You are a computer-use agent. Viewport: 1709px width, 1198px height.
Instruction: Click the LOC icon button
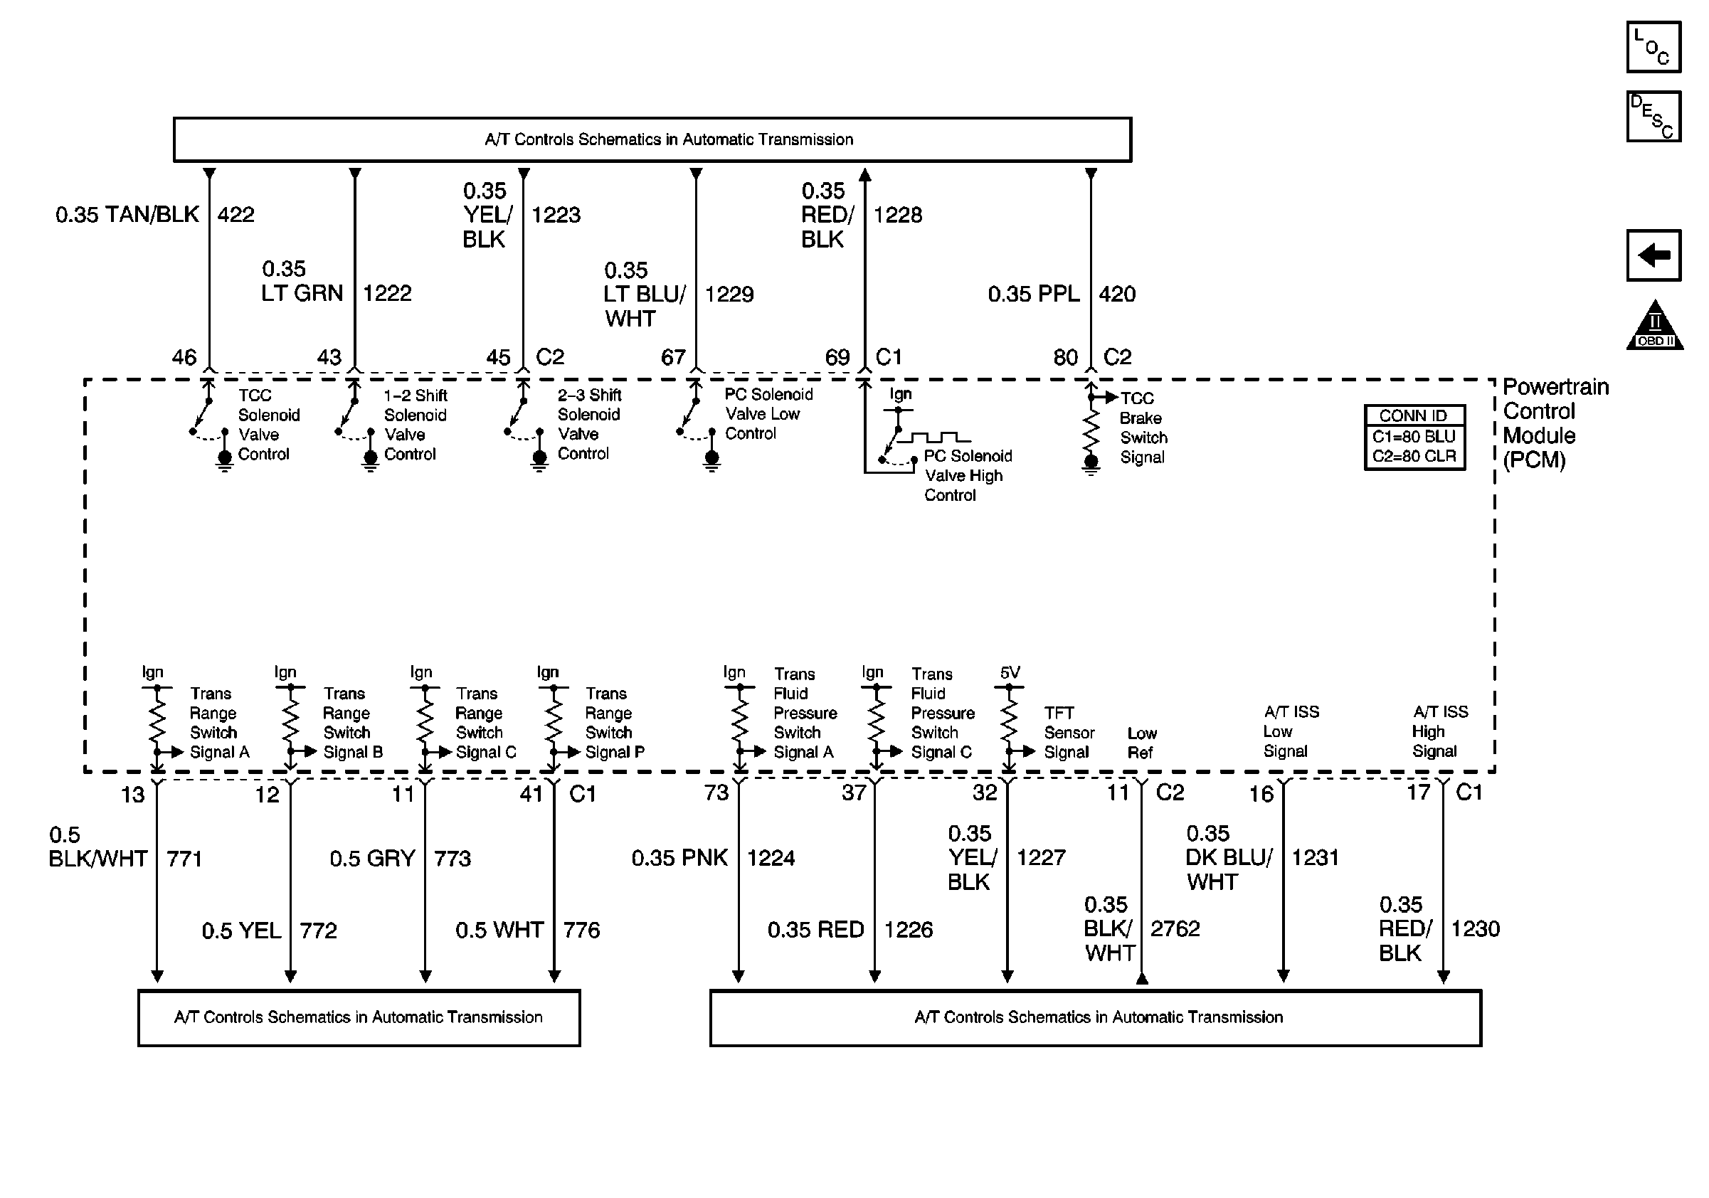[x=1654, y=48]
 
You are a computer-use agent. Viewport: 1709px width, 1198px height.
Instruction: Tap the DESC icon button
[x=1654, y=116]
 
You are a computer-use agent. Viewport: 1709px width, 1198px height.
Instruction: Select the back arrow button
[x=1654, y=255]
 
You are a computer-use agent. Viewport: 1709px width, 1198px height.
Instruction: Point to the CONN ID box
[x=1414, y=437]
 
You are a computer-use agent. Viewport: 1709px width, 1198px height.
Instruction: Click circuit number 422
[x=236, y=215]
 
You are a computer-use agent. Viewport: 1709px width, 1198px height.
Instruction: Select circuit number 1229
[x=729, y=295]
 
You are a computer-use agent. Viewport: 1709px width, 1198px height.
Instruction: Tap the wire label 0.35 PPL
[x=1033, y=295]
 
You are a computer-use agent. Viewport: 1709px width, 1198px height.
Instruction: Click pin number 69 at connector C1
[x=837, y=358]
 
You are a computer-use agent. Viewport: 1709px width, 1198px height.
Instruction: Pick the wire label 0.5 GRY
[x=372, y=859]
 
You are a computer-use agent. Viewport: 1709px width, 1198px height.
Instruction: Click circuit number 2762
[x=1175, y=928]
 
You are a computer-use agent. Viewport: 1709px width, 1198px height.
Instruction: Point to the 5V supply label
[x=1010, y=673]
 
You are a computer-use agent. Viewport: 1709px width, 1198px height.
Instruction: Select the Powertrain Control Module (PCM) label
[x=1554, y=423]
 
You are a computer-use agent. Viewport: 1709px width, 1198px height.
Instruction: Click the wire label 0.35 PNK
[x=679, y=858]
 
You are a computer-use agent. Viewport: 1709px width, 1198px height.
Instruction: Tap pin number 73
[x=716, y=793]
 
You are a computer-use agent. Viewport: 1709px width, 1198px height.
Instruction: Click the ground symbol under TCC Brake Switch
[x=1091, y=465]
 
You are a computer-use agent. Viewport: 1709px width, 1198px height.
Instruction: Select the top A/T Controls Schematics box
[x=652, y=139]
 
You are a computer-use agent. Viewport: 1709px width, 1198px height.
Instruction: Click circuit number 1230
[x=1474, y=928]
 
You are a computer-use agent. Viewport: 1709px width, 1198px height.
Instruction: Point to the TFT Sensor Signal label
[x=1069, y=733]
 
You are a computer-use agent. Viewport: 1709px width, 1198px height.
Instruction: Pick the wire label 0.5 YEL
[x=241, y=930]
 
